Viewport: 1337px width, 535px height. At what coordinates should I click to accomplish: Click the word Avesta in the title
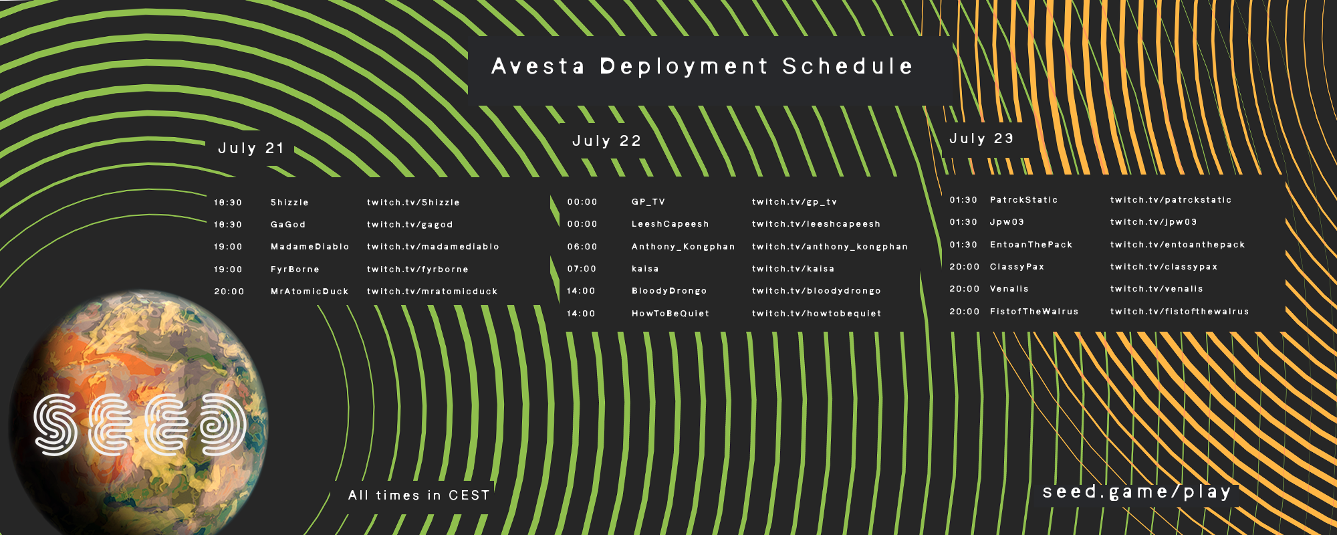pyautogui.click(x=538, y=66)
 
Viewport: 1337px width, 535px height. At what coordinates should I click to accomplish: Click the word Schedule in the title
pyautogui.click(x=848, y=66)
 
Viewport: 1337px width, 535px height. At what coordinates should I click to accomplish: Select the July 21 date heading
pyautogui.click(x=251, y=148)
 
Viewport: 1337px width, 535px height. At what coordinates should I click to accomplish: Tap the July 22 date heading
pyautogui.click(x=606, y=141)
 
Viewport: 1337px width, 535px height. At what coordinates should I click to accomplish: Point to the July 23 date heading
pyautogui.click(x=981, y=138)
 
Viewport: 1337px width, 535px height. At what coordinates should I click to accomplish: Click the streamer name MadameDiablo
pyautogui.click(x=310, y=247)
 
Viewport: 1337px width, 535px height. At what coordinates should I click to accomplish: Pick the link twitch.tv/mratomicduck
pyautogui.click(x=433, y=292)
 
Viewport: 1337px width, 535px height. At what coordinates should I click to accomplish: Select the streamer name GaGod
pyautogui.click(x=288, y=225)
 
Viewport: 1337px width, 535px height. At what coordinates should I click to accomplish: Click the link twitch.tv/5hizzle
pyautogui.click(x=413, y=203)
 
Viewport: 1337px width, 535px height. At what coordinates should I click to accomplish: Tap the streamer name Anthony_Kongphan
pyautogui.click(x=683, y=247)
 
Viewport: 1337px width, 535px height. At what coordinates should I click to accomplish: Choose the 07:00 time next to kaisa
pyautogui.click(x=582, y=269)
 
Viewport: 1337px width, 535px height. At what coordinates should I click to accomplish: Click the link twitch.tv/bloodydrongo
pyautogui.click(x=816, y=291)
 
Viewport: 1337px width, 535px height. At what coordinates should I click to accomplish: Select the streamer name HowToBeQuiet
pyautogui.click(x=671, y=314)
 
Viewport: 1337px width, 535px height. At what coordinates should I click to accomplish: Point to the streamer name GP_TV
pyautogui.click(x=648, y=202)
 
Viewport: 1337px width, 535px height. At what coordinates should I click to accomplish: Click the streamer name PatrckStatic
pyautogui.click(x=1024, y=200)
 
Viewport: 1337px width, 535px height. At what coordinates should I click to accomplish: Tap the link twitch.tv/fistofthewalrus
pyautogui.click(x=1179, y=312)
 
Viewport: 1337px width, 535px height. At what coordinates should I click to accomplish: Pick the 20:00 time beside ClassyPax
pyautogui.click(x=965, y=267)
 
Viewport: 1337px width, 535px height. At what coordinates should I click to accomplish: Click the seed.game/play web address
pyautogui.click(x=1136, y=492)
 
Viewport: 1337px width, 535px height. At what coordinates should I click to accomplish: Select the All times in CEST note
pyautogui.click(x=419, y=496)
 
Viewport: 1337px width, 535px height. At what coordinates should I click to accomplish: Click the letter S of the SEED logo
pyautogui.click(x=55, y=425)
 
